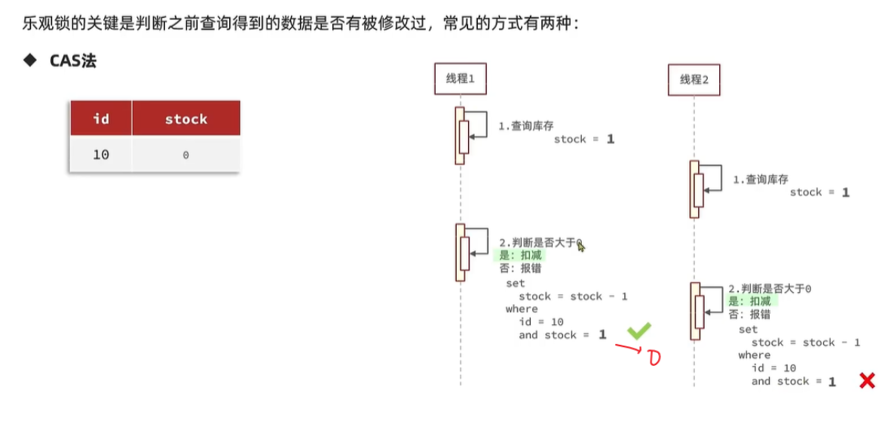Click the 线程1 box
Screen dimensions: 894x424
[x=460, y=78]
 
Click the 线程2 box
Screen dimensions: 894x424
[x=693, y=79]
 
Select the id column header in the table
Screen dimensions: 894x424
[x=101, y=118]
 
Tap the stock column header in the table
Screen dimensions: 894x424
[x=185, y=118]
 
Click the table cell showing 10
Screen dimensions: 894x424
[x=101, y=155]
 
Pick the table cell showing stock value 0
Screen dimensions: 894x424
[x=185, y=155]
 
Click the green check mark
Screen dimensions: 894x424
[x=639, y=330]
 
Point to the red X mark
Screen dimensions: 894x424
[x=867, y=381]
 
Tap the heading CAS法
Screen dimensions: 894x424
[x=73, y=61]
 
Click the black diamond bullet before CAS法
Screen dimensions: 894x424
[x=30, y=60]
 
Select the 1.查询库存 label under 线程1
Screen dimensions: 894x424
[x=525, y=126]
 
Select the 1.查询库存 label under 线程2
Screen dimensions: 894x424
[x=761, y=180]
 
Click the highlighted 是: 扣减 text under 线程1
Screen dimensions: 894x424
[x=520, y=256]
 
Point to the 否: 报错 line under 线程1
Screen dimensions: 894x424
[x=520, y=269]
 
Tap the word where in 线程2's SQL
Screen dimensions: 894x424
[x=754, y=355]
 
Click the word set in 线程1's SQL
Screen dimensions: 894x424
[x=515, y=284]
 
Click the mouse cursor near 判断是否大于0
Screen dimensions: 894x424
[x=581, y=246]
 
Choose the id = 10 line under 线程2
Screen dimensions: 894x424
[x=773, y=368]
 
